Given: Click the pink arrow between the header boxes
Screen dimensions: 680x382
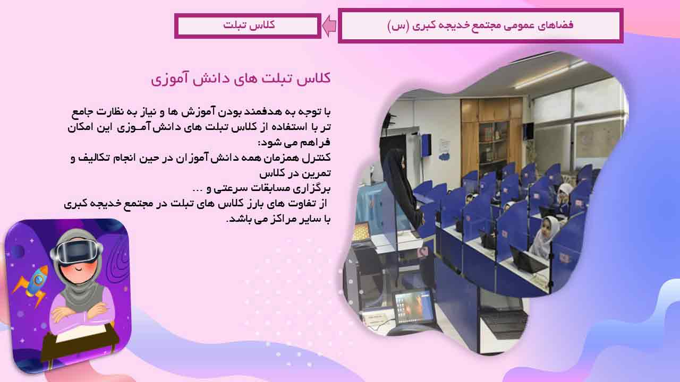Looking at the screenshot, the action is click(x=329, y=26).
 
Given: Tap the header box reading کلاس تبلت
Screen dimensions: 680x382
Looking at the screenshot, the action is click(x=248, y=26).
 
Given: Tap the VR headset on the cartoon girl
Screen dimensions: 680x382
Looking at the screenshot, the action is click(x=76, y=253).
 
